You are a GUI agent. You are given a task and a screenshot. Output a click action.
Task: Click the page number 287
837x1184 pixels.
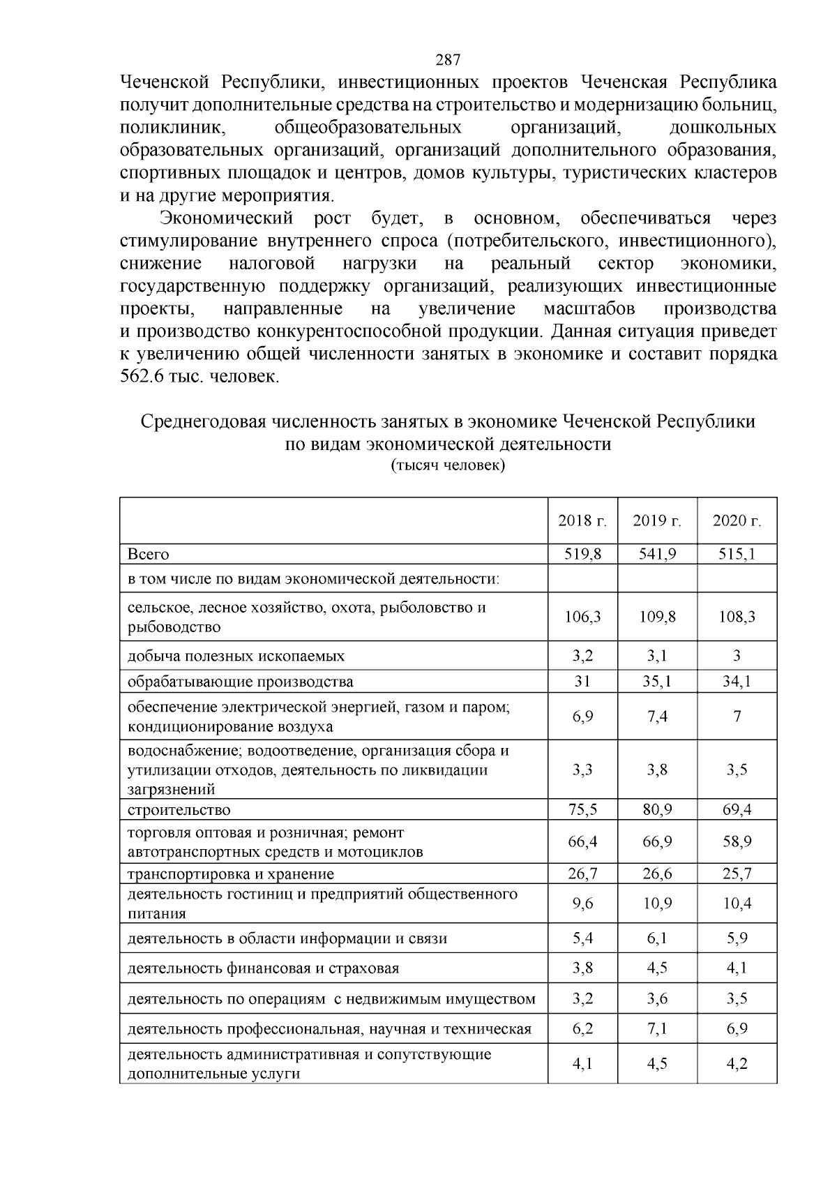447,59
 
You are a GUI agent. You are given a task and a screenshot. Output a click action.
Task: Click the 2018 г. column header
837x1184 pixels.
582,521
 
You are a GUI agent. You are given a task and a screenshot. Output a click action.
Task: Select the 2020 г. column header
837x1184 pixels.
737,521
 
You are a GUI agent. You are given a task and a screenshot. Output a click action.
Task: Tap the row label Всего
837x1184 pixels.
149,554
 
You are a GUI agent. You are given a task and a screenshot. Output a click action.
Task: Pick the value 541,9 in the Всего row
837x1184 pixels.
657,554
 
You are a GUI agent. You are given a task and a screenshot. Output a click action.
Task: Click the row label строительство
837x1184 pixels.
179,810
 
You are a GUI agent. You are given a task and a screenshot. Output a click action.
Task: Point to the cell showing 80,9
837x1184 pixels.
657,809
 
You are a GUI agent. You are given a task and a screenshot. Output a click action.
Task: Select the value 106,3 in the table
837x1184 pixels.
582,617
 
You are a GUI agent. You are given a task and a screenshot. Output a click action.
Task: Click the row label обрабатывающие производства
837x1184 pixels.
240,682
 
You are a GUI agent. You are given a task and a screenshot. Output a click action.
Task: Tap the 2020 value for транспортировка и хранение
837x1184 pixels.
737,874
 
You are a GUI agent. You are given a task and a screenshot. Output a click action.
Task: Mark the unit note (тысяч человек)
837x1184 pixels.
447,465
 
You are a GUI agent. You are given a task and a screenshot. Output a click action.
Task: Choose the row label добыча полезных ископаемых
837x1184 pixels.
236,656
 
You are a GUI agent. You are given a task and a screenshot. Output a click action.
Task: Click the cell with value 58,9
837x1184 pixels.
737,842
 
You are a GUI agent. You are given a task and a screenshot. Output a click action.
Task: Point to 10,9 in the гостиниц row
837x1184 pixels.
657,904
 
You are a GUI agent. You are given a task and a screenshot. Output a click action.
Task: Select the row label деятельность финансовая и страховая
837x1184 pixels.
263,968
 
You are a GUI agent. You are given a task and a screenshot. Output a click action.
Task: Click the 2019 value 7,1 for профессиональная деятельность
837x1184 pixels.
657,1028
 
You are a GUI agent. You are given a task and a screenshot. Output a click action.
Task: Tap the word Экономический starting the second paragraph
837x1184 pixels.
227,219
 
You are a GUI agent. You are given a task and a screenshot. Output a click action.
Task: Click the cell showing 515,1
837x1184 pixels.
737,554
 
